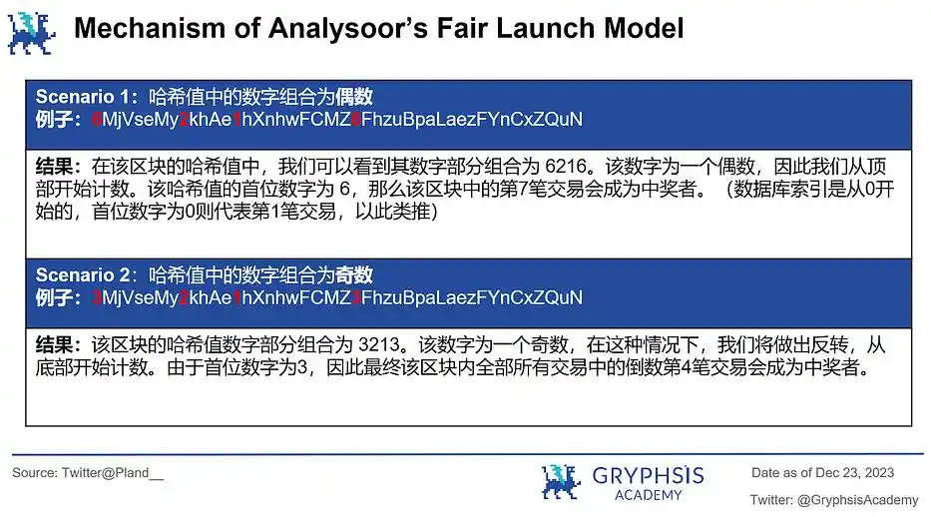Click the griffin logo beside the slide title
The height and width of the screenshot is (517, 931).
point(32,33)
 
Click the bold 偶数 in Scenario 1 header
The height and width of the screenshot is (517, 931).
point(354,96)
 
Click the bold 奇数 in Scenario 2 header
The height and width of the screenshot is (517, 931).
point(354,274)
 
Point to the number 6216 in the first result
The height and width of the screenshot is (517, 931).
point(566,167)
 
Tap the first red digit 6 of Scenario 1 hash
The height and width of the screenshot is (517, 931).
point(97,120)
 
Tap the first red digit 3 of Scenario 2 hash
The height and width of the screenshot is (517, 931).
point(97,297)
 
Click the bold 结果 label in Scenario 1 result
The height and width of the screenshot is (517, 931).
point(54,167)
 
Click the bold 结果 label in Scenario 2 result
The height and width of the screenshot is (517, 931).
point(54,345)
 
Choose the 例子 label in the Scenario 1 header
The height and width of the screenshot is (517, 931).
point(54,120)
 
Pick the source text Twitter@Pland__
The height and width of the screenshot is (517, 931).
point(112,473)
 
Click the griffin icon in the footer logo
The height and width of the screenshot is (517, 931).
point(561,481)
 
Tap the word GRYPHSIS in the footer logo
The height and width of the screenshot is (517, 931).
point(648,475)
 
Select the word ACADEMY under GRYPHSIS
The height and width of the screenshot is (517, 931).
point(648,495)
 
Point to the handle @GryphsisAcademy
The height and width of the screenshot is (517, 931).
point(858,500)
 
